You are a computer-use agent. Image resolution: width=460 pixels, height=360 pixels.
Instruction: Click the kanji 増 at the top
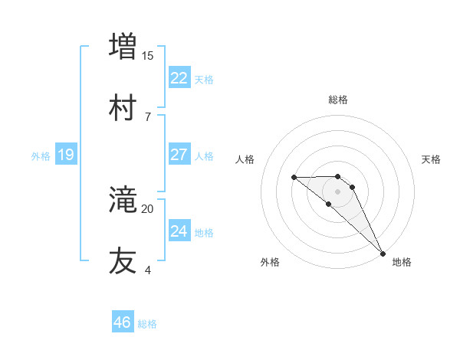pos(123,46)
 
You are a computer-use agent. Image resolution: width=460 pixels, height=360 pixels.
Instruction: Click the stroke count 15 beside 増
pos(148,55)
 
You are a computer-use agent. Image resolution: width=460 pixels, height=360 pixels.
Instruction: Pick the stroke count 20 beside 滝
pos(148,208)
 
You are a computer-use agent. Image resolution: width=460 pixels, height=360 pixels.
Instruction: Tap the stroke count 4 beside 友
pos(148,270)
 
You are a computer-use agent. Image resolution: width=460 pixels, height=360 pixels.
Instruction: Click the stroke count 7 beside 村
pos(148,116)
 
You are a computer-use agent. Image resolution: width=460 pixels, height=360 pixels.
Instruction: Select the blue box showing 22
pos(179,78)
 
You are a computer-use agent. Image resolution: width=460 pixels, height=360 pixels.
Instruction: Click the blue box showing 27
pos(179,155)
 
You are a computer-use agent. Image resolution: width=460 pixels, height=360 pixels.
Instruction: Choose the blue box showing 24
pos(179,231)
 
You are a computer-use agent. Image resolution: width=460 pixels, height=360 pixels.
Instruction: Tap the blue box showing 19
pos(66,155)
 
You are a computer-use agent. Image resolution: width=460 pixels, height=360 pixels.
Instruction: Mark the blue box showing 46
pos(123,322)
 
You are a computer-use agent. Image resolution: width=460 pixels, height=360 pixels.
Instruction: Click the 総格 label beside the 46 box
pos(147,324)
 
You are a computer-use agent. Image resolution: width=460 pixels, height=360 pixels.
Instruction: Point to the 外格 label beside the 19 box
pos(41,156)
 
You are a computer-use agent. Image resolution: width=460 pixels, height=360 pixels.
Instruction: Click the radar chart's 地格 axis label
pos(402,262)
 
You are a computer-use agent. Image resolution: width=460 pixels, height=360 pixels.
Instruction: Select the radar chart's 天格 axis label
pos(431,159)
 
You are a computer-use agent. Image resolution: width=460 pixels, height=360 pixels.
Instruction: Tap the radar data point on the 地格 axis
pos(383,254)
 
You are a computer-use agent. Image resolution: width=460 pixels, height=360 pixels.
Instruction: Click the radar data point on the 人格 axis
pos(294,178)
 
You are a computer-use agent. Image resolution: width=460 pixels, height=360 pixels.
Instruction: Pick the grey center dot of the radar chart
pos(337,191)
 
